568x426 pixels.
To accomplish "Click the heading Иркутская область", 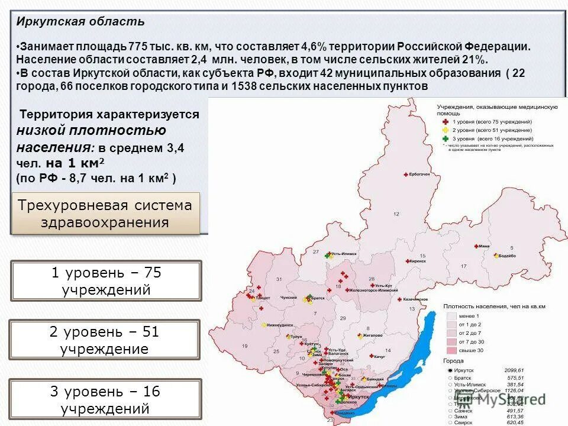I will point(80,22).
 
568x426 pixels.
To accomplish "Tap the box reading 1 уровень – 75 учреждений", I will point(106,281).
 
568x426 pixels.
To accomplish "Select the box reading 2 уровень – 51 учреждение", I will point(104,340).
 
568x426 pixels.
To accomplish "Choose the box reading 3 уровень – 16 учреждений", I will point(105,399).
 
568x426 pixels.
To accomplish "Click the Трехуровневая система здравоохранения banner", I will point(105,214).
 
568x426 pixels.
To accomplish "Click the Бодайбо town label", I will point(510,256).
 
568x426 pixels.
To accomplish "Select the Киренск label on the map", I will point(418,260).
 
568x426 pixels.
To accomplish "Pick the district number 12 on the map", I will point(396,214).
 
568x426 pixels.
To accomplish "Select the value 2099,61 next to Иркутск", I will point(514,370).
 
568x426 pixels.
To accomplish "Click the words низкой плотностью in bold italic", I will point(91,130).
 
